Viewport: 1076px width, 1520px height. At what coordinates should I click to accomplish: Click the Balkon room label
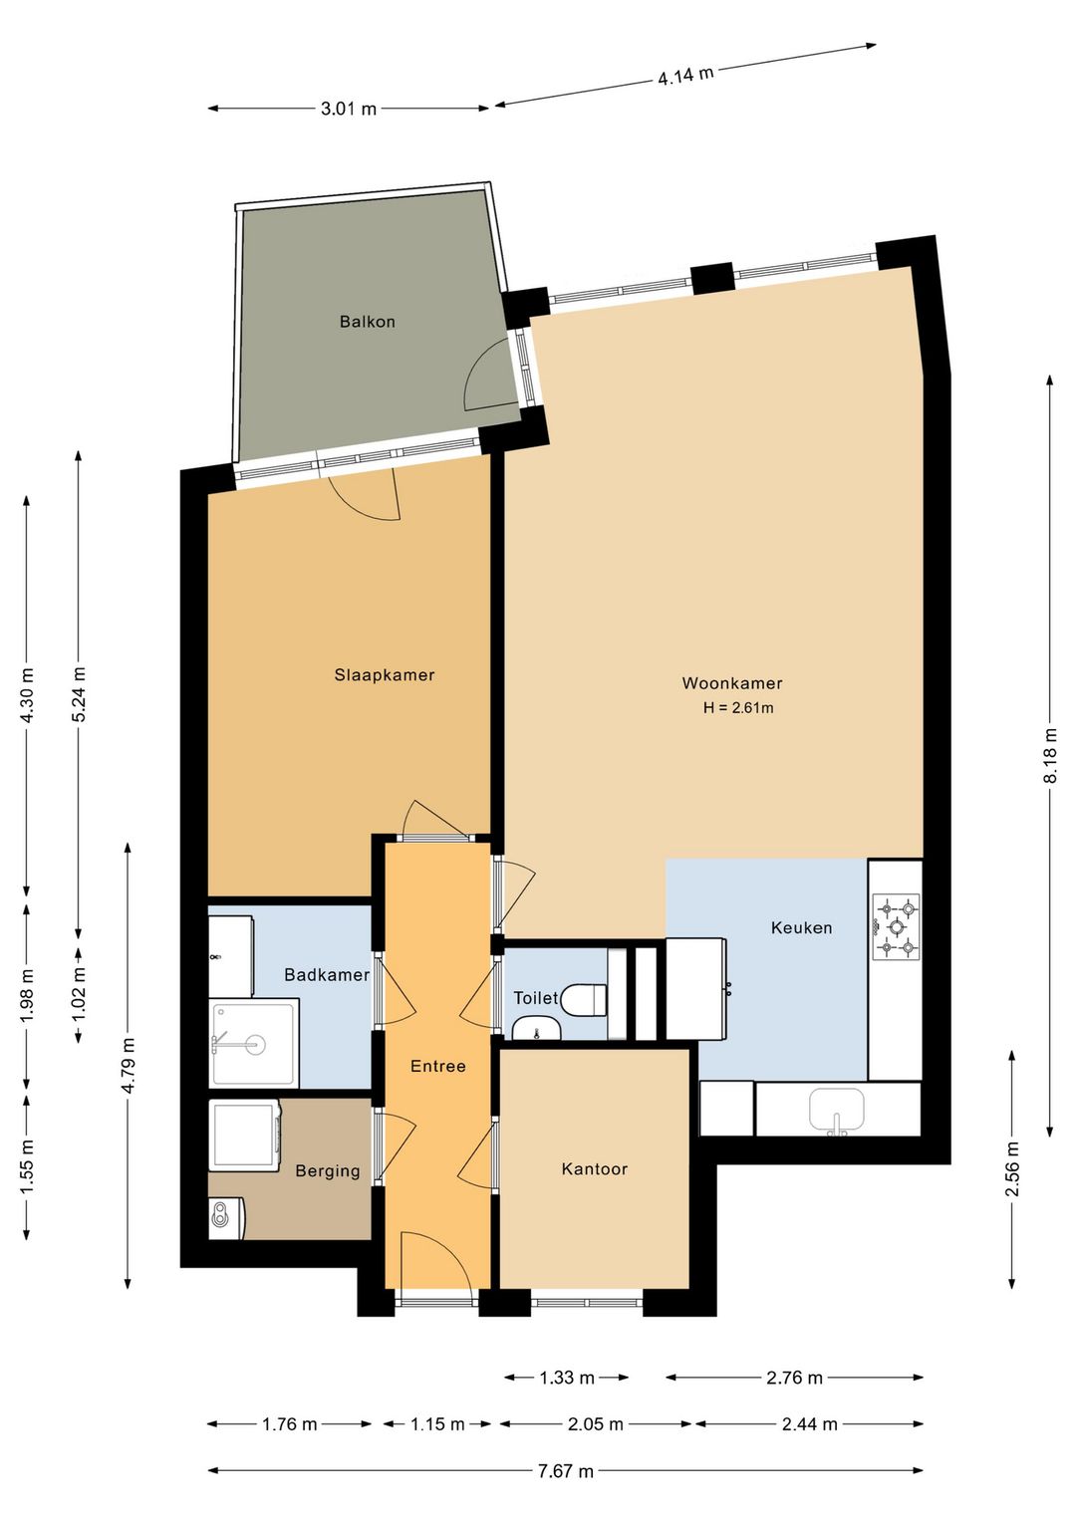pyautogui.click(x=368, y=322)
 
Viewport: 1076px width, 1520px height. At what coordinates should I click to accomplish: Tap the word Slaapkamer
pyautogui.click(x=385, y=675)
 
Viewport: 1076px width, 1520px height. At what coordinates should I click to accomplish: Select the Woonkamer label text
pyautogui.click(x=732, y=683)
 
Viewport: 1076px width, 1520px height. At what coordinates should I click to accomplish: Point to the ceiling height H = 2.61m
pyautogui.click(x=738, y=708)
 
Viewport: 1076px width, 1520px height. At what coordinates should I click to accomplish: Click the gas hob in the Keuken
pyautogui.click(x=896, y=926)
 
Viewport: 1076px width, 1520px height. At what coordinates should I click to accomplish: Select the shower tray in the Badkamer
pyautogui.click(x=254, y=1042)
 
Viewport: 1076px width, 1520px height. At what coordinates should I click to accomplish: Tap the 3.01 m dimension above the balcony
pyautogui.click(x=349, y=109)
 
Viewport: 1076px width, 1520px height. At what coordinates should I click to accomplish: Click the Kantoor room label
pyautogui.click(x=595, y=1169)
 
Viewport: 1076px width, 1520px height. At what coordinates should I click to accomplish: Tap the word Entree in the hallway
pyautogui.click(x=437, y=1066)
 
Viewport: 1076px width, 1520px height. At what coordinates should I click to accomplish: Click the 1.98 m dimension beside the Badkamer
pyautogui.click(x=27, y=995)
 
